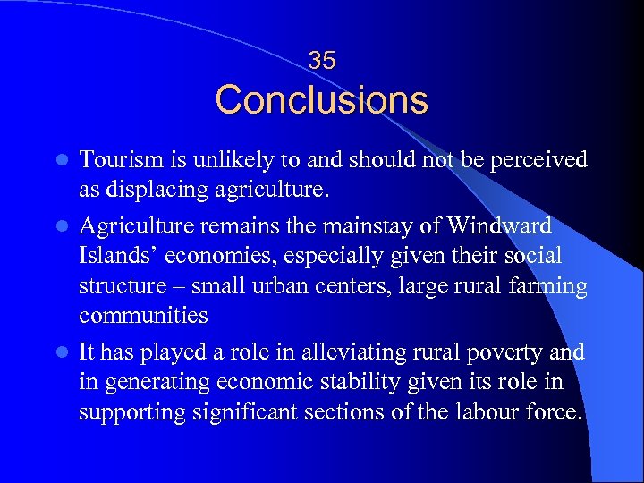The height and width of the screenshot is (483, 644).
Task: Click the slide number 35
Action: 322,61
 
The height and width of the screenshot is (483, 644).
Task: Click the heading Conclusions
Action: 322,99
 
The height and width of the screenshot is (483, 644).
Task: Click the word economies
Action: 209,257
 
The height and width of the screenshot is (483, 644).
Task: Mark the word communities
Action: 143,316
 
